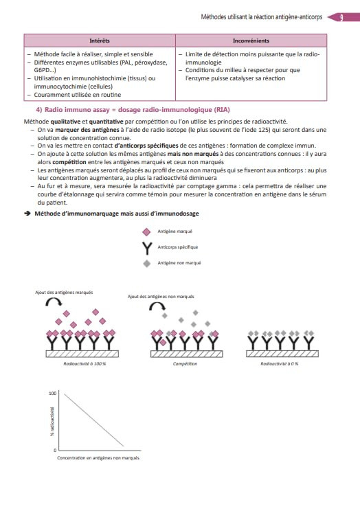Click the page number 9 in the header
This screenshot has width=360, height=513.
point(341,17)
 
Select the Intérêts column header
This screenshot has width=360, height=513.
point(100,41)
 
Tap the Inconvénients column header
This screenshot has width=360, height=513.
point(251,41)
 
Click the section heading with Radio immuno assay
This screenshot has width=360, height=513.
point(133,110)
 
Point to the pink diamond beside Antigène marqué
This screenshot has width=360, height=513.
point(146,231)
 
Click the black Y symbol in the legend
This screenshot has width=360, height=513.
point(147,248)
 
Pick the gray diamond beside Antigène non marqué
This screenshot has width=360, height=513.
point(147,263)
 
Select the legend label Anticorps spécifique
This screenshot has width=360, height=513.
point(178,247)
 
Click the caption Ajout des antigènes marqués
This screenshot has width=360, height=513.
point(64,292)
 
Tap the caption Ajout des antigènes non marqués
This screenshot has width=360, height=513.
point(161,297)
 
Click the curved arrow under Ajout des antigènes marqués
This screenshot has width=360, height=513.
point(54,302)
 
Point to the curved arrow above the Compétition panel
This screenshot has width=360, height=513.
point(157,306)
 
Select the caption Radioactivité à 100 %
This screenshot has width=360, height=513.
point(85,363)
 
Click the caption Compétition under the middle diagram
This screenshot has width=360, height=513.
point(185,363)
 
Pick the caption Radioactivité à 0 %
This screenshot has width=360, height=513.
point(280,363)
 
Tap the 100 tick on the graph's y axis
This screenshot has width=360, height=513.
point(53,393)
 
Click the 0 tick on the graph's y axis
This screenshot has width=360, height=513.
point(55,451)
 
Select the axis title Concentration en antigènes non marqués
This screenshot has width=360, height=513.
point(98,457)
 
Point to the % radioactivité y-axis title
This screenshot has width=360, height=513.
point(52,422)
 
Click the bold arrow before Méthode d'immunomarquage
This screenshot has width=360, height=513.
point(27,214)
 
